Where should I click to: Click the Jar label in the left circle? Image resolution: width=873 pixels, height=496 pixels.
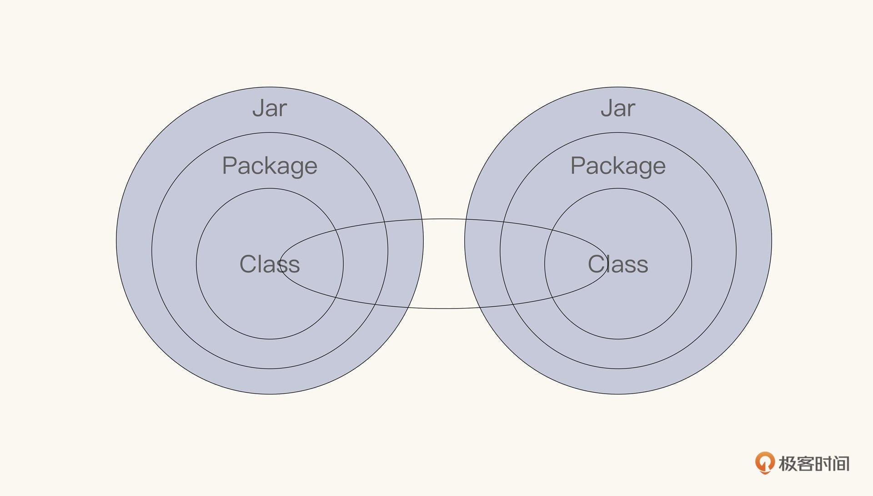pyautogui.click(x=270, y=108)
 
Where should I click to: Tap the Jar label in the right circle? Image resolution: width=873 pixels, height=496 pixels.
pyautogui.click(x=618, y=108)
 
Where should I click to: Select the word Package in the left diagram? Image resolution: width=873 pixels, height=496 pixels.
pyautogui.click(x=270, y=166)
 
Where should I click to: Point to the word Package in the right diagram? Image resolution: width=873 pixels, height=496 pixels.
pyautogui.click(x=618, y=166)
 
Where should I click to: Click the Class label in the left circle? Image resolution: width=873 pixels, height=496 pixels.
pyautogui.click(x=270, y=264)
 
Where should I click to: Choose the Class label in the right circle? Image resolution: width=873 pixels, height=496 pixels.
pyautogui.click(x=618, y=264)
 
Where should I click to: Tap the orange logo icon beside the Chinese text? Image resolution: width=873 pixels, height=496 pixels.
pyautogui.click(x=765, y=463)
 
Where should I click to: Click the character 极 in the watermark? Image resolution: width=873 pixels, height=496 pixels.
pyautogui.click(x=788, y=464)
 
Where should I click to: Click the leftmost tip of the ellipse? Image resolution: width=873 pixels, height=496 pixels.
pyautogui.click(x=280, y=264)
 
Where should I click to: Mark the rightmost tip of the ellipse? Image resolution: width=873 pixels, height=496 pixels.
pyautogui.click(x=607, y=264)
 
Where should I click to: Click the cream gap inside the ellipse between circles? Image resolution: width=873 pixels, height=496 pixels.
pyautogui.click(x=444, y=264)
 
